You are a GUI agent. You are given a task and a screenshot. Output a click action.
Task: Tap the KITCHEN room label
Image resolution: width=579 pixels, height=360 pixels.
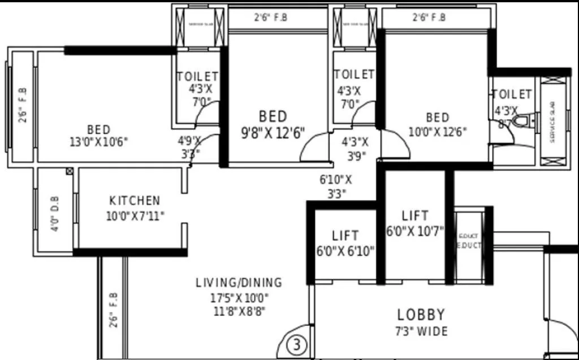point(135,201)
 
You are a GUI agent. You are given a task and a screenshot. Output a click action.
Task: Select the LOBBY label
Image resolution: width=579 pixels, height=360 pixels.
point(421,315)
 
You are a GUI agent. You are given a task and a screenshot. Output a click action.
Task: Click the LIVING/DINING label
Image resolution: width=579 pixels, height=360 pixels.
point(239,283)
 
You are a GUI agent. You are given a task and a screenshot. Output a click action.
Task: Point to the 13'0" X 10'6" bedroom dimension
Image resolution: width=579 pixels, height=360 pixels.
point(99,142)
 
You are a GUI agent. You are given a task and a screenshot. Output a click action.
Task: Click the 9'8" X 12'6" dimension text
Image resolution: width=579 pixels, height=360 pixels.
point(273,133)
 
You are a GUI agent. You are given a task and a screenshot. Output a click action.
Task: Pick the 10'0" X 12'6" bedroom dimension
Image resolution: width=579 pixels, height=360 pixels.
point(438,132)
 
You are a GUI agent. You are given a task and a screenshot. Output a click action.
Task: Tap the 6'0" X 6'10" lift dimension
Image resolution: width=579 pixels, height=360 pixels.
point(345,251)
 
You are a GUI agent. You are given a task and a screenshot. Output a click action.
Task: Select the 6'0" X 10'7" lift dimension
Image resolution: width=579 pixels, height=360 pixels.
point(415,231)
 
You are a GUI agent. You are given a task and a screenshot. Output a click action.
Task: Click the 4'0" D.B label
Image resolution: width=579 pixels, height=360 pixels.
point(55,213)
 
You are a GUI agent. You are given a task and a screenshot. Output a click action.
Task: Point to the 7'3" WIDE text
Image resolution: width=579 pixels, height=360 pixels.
point(421,331)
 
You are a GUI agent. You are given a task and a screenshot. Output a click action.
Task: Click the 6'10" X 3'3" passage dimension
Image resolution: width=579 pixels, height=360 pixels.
point(336,186)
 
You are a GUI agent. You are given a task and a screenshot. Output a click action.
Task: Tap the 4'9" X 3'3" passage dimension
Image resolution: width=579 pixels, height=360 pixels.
point(189,146)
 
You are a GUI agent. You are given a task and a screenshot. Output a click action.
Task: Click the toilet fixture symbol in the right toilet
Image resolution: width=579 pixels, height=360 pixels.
point(521,122)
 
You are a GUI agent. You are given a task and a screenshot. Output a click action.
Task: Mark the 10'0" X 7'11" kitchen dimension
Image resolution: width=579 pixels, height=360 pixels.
point(135,215)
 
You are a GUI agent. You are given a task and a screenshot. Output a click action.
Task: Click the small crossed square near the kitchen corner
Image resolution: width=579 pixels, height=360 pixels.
point(70,171)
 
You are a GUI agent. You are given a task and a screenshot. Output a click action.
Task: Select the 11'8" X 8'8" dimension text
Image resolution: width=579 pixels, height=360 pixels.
point(239,310)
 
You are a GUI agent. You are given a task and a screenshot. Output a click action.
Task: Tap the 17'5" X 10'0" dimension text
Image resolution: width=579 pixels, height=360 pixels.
point(239,297)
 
